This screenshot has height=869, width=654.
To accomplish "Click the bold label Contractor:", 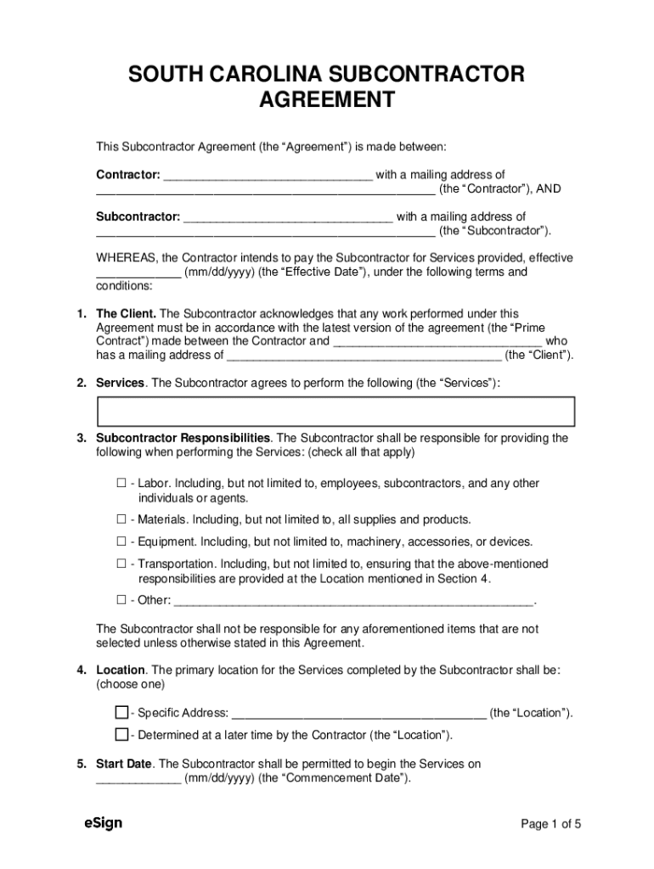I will (x=128, y=175).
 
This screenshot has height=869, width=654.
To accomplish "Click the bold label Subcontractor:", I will (x=138, y=216).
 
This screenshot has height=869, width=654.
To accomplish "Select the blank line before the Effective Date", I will (x=138, y=273).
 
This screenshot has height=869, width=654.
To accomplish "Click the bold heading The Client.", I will (x=126, y=314).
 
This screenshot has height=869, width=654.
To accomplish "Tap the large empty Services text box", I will (x=336, y=411).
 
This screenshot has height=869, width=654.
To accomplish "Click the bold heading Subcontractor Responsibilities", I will (x=183, y=438).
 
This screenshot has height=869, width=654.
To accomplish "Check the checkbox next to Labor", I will (x=121, y=483).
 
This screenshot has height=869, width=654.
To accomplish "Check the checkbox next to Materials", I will (x=121, y=519).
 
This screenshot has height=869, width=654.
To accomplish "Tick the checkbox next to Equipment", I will (x=121, y=541).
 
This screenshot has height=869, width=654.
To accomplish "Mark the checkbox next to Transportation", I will (x=121, y=563).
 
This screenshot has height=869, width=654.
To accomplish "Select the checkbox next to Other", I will (x=121, y=600).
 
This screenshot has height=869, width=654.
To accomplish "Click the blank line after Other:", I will (x=353, y=602).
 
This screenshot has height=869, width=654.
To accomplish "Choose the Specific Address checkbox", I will (x=121, y=712).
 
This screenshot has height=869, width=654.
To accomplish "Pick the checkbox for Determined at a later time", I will (x=121, y=734).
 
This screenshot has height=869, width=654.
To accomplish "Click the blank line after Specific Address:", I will (x=358, y=714).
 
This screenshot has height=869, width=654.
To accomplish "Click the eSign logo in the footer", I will (x=103, y=822).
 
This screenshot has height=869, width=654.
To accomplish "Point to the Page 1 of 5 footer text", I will (x=550, y=823).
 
